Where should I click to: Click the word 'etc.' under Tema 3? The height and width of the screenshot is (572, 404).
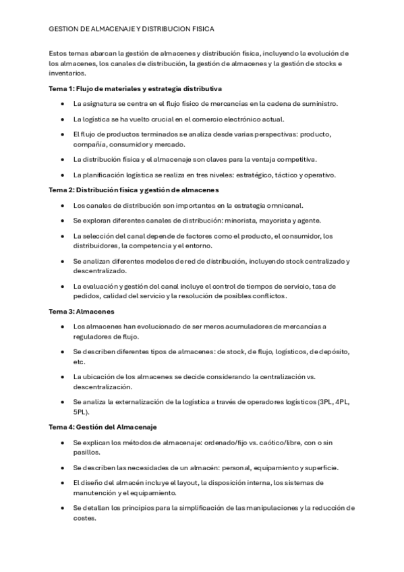[80, 362]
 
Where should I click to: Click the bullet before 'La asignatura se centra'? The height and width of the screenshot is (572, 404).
[62, 103]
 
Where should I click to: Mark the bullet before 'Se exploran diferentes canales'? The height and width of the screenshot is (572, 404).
[62, 221]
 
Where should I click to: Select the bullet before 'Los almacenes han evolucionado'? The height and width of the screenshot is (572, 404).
[62, 326]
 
